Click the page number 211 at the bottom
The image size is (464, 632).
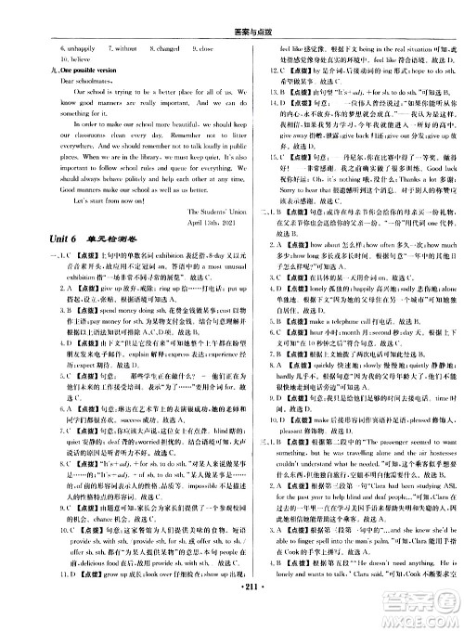pyautogui.click(x=232, y=614)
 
